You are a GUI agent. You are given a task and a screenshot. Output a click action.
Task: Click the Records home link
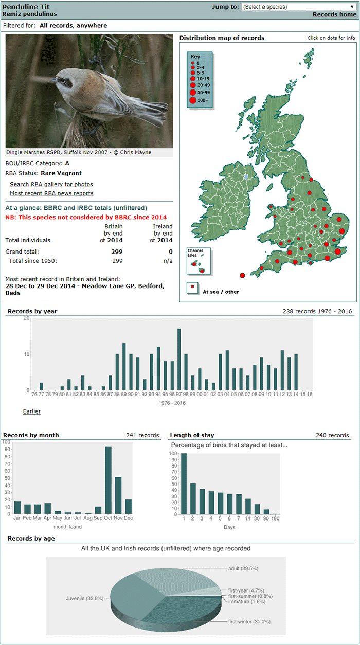[x=334, y=14]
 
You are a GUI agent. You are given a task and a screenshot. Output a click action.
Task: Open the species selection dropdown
[x=299, y=7]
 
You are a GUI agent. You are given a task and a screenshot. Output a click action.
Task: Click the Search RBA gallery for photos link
[x=51, y=184]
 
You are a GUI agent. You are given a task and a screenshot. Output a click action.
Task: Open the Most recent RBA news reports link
[x=51, y=193]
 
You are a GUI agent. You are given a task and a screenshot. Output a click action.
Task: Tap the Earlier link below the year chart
[x=32, y=411]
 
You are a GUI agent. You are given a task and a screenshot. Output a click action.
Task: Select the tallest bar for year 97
[x=179, y=360]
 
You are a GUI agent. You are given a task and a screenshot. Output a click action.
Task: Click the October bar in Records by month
[x=108, y=480]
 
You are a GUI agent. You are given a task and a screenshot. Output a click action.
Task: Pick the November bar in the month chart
[x=118, y=495]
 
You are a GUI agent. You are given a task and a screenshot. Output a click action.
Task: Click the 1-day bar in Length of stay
[x=184, y=483]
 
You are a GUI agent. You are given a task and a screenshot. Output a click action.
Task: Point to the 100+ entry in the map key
[x=199, y=100]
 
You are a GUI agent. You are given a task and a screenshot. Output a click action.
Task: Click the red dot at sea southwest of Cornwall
[x=242, y=275]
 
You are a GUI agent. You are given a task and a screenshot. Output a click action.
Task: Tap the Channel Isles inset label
[x=195, y=253]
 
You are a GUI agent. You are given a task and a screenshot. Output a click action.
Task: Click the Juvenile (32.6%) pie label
[x=84, y=598]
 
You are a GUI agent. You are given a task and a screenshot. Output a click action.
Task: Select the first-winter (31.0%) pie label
[x=249, y=622]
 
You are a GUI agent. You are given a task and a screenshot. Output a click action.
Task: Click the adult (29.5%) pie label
[x=243, y=568]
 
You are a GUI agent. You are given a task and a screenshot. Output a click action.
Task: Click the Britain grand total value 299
[x=117, y=252]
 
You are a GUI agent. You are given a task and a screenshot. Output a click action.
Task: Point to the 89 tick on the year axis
[x=124, y=394]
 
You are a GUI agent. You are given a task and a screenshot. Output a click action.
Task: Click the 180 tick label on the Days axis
[x=275, y=518]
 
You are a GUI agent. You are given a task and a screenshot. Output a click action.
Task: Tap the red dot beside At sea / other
[x=192, y=286]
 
